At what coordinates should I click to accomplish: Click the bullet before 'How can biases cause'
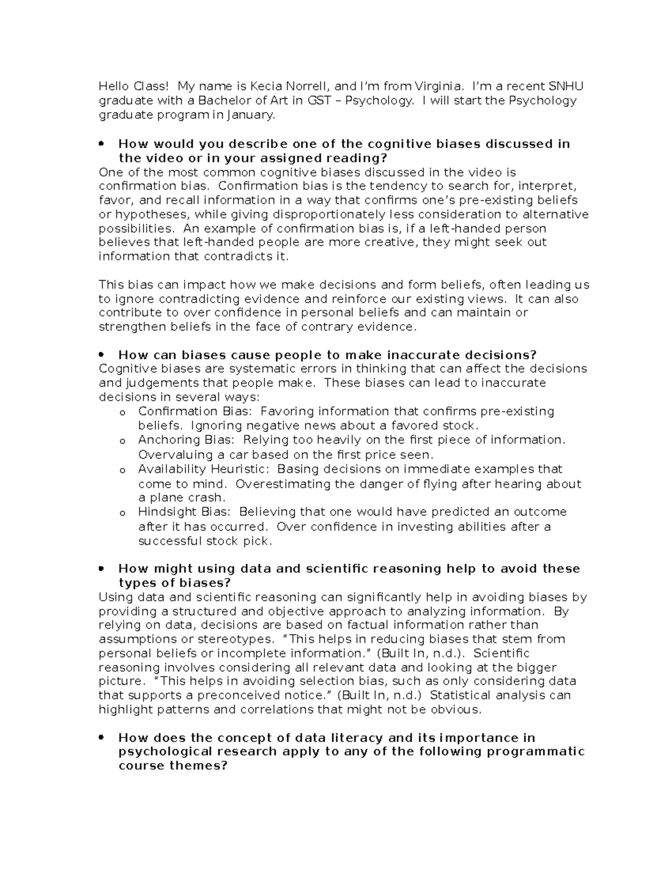tap(101, 355)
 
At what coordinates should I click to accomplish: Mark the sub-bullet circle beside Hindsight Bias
tap(122, 513)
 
